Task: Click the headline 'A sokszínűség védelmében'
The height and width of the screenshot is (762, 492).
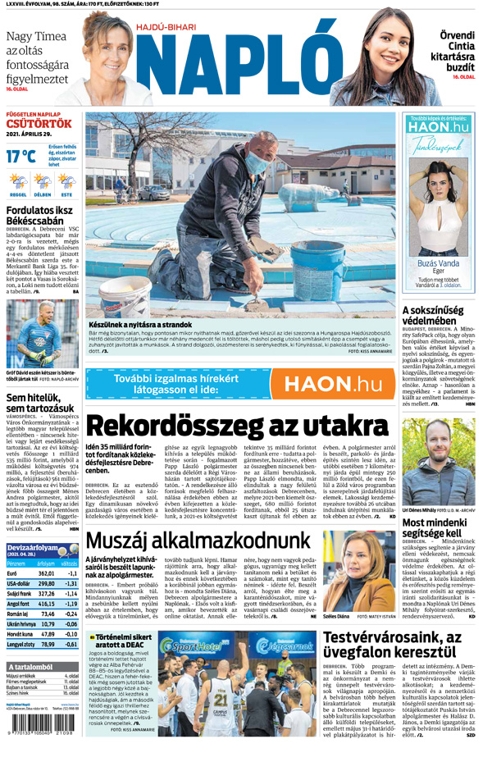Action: pos(439,316)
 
